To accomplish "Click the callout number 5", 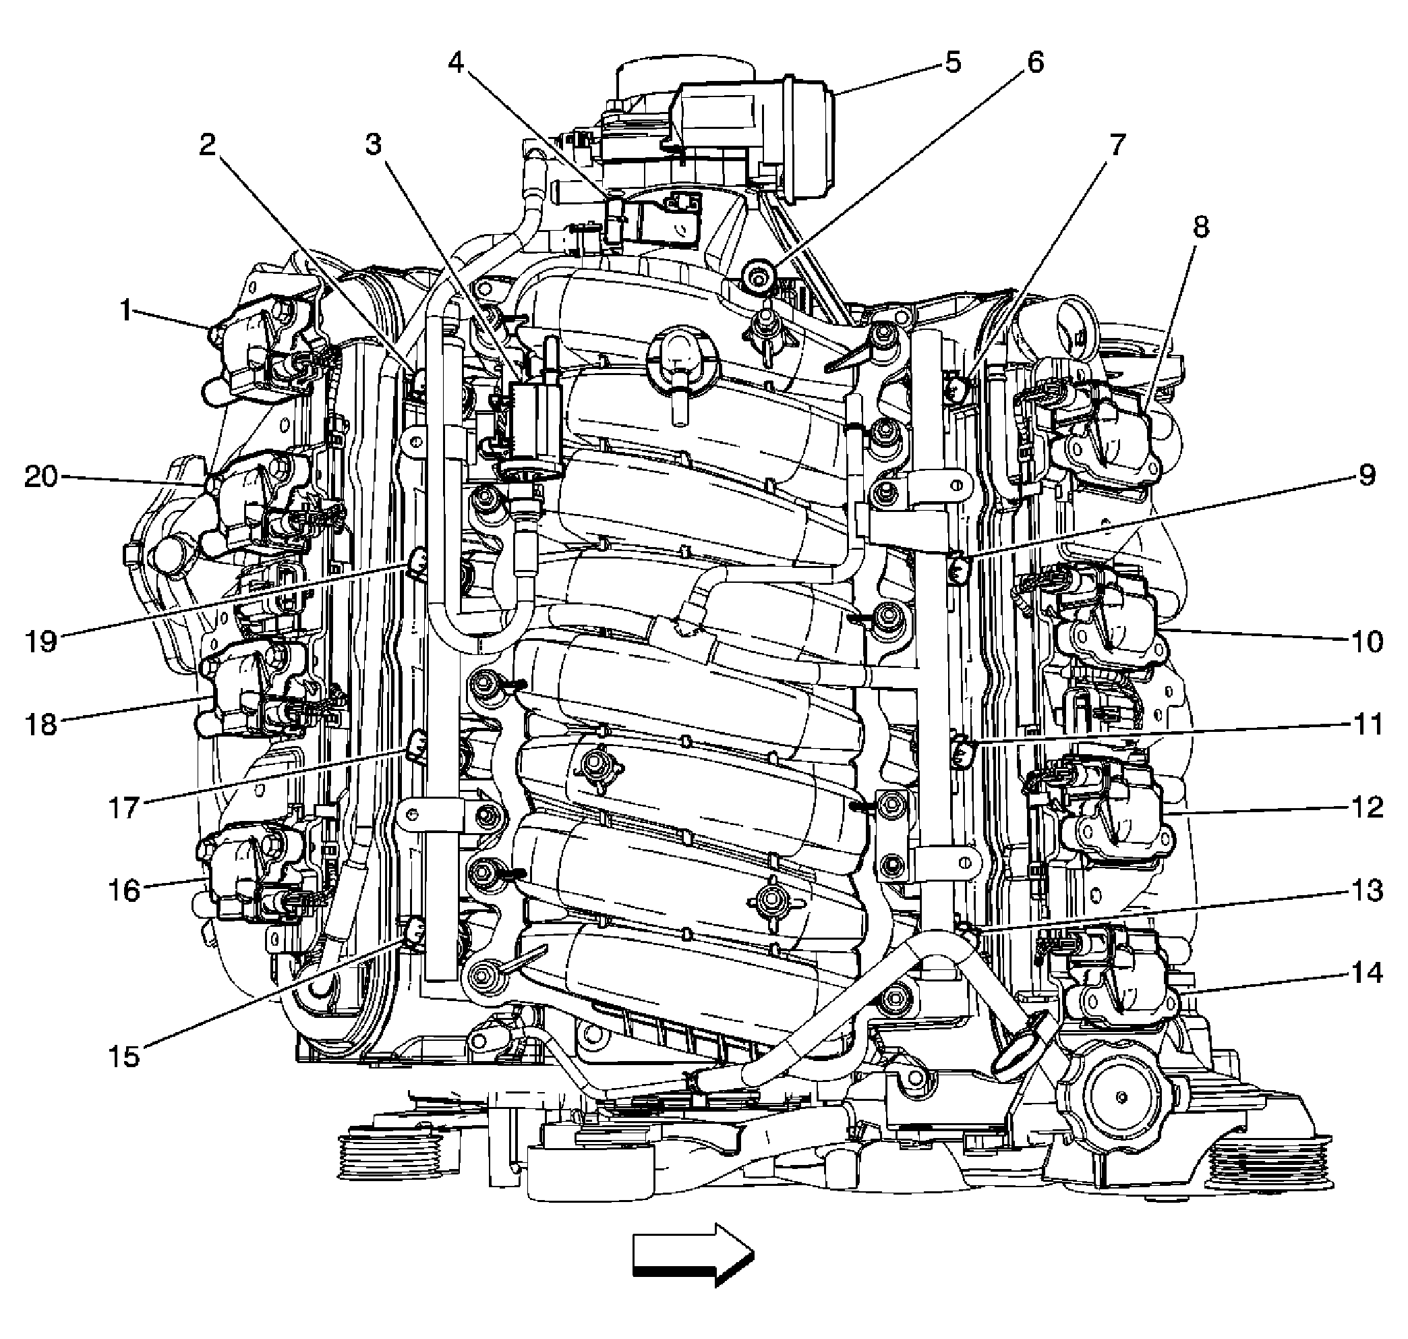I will [953, 62].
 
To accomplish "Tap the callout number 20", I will [40, 476].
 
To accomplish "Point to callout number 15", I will [123, 1056].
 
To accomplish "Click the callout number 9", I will [1367, 475].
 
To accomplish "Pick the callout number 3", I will [373, 145].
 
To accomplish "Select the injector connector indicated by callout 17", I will [417, 747].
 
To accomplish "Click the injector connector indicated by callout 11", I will [962, 751].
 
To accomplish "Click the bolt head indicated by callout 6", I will [755, 275].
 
